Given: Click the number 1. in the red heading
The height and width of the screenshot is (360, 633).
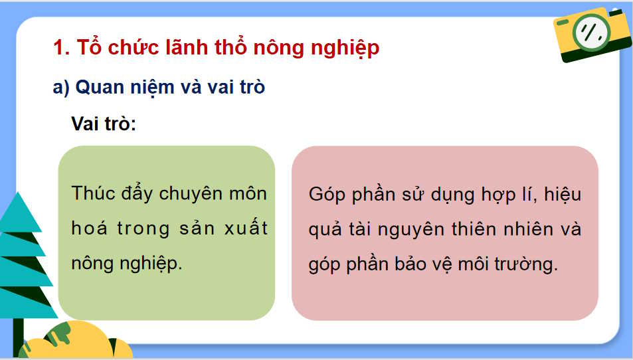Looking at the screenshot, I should pyautogui.click(x=61, y=48).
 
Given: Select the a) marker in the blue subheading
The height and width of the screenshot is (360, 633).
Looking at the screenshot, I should pyautogui.click(x=61, y=87).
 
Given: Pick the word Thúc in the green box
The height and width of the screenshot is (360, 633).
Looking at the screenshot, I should pyautogui.click(x=93, y=194).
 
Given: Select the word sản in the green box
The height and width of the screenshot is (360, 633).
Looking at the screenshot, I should pyautogui.click(x=198, y=228).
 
